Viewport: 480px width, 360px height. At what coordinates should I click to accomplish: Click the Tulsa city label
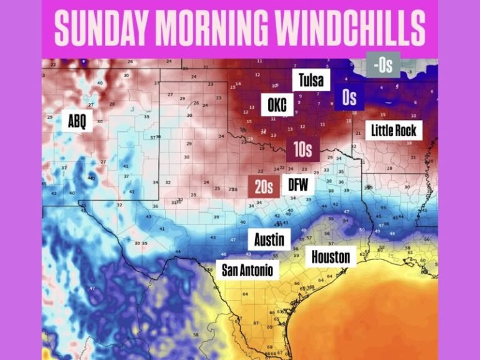pos(311,80)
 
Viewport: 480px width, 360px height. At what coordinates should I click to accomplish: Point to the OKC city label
pos(277,106)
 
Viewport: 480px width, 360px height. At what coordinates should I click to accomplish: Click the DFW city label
pos(297,185)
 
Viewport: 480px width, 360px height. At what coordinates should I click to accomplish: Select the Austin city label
pos(269,239)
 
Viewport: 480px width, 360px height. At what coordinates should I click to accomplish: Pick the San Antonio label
pos(247,271)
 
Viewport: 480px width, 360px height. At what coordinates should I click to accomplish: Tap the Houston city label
pos(330,256)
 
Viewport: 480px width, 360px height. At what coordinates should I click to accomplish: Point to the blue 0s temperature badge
pos(349,97)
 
